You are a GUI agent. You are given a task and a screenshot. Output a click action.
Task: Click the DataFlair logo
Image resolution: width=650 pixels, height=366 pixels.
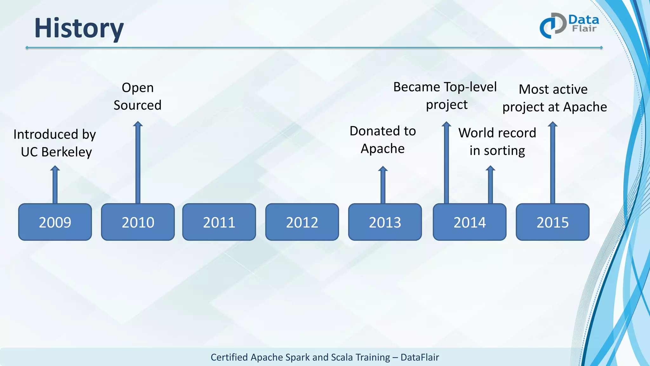tap(569, 25)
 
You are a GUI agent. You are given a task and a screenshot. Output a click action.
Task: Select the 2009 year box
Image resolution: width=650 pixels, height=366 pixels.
tap(55, 222)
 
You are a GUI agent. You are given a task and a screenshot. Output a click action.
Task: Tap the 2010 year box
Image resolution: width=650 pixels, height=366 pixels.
tap(138, 222)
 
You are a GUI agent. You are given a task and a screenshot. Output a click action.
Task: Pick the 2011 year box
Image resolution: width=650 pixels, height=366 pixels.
tap(219, 222)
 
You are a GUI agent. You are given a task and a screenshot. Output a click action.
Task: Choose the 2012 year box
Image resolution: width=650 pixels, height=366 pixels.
tap(302, 222)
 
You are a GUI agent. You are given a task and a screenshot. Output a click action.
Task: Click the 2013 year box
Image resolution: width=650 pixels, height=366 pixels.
tap(385, 222)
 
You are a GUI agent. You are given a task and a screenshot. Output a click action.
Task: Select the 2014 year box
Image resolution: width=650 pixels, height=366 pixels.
tap(469, 222)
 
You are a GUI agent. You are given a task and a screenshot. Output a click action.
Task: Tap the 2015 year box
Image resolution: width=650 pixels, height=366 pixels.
tap(552, 222)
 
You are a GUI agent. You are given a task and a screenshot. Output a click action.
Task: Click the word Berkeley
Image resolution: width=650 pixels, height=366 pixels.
tap(66, 152)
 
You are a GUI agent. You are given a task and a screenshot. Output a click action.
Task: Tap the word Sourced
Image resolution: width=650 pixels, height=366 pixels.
tap(137, 105)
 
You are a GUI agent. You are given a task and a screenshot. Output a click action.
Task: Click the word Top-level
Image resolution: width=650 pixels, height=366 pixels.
tap(470, 87)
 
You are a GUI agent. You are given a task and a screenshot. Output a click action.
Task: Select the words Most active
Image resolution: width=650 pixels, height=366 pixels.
tap(553, 89)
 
